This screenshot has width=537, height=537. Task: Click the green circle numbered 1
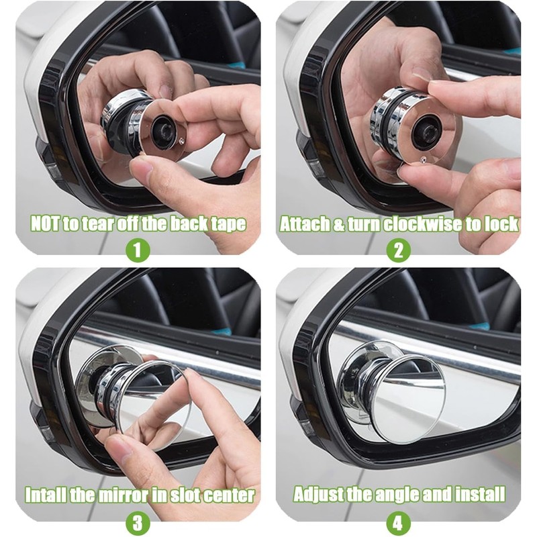[x=138, y=250]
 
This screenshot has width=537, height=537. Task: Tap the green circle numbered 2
[x=398, y=250]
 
